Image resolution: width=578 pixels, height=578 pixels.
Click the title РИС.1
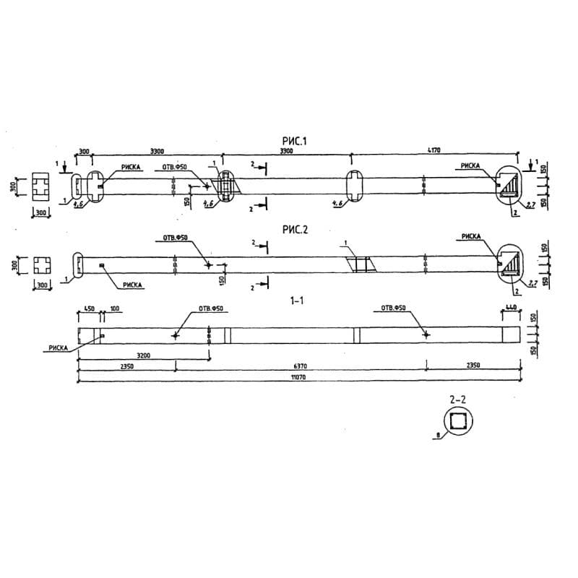click(x=295, y=142)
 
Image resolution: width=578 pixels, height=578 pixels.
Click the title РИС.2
click(x=295, y=230)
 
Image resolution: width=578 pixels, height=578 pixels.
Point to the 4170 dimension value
click(x=434, y=151)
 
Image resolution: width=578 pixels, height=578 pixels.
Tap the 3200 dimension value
click(x=143, y=355)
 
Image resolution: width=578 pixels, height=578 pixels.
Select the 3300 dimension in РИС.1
click(x=157, y=151)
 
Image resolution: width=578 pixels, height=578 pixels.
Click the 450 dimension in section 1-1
click(x=89, y=309)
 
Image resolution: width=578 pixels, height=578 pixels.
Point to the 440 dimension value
click(x=511, y=309)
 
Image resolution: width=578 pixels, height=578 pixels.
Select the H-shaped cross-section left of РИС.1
click(x=41, y=187)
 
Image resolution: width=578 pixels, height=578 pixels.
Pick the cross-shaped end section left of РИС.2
click(x=41, y=264)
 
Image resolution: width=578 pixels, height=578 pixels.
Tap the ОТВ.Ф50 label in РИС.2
click(x=175, y=238)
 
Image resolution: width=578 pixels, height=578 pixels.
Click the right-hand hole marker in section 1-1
click(x=426, y=335)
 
